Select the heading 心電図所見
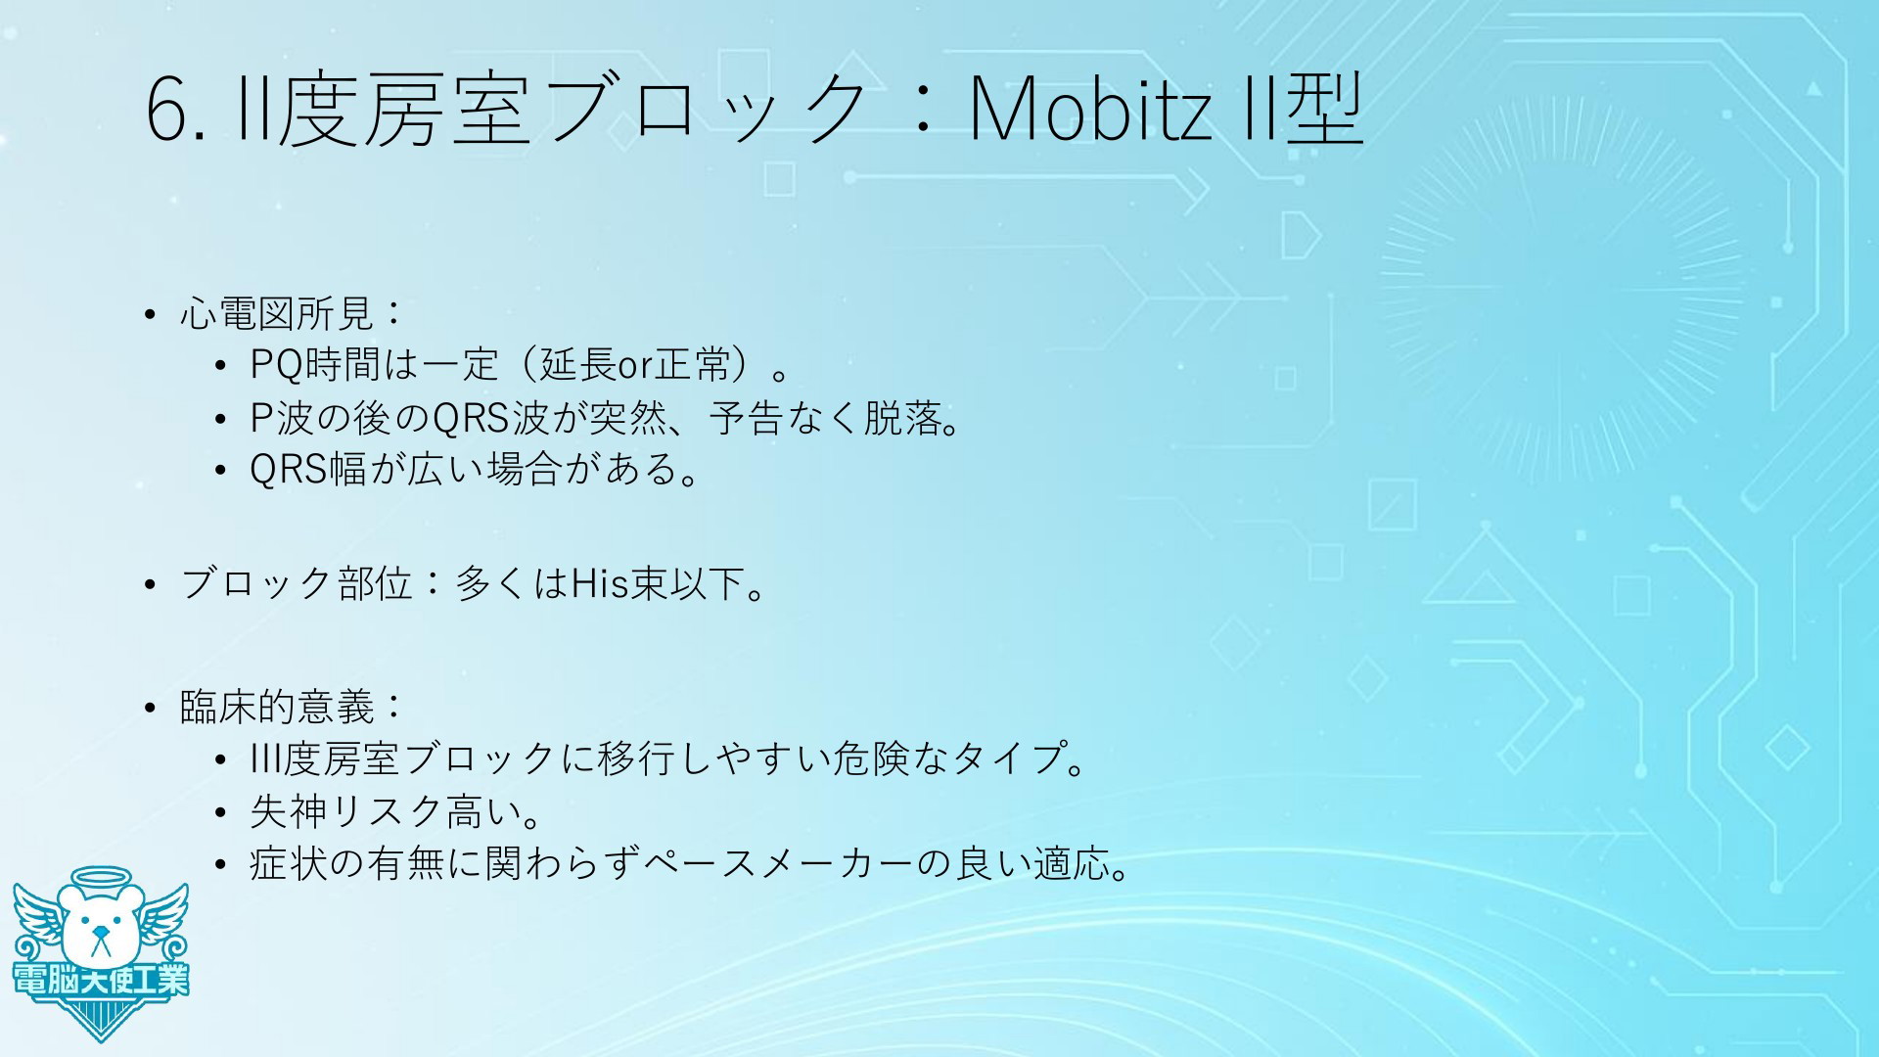277,314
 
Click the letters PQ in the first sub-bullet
277,365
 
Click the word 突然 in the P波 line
626,418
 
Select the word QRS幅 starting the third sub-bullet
308,470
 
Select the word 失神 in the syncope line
289,811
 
